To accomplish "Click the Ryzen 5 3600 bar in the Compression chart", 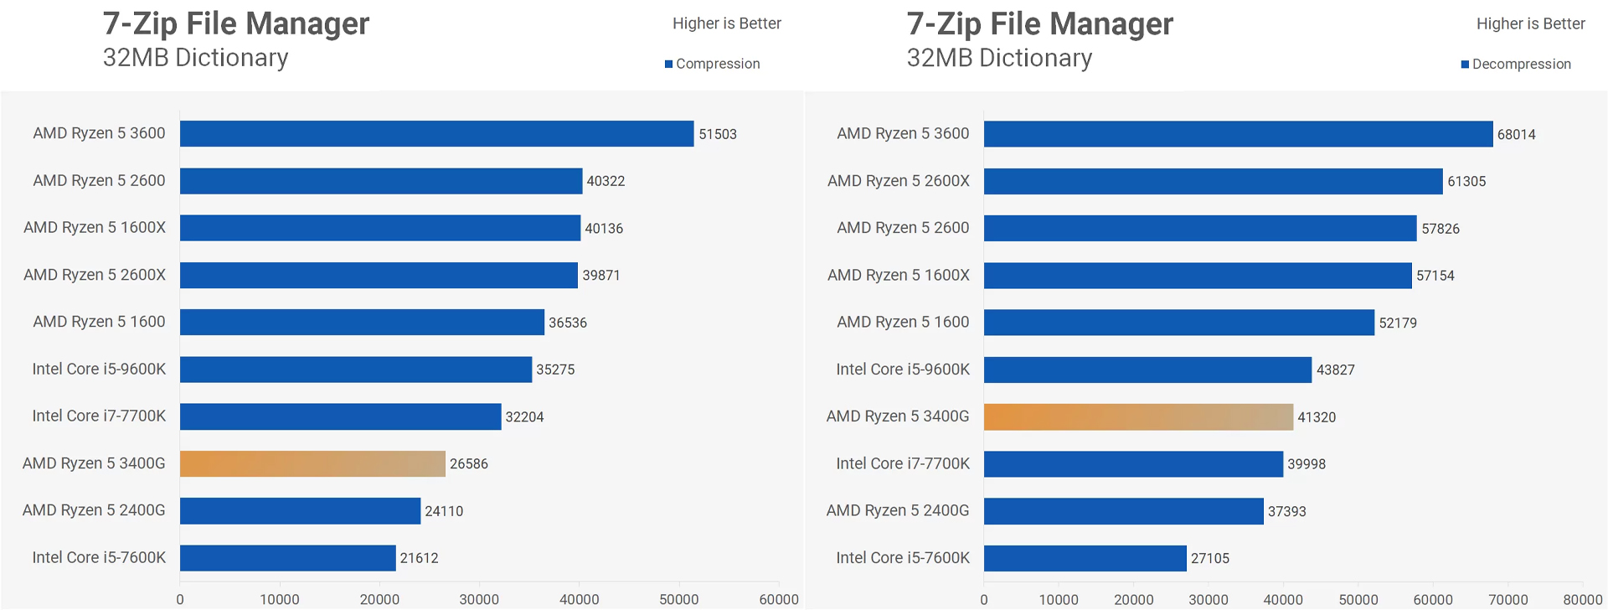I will point(436,134).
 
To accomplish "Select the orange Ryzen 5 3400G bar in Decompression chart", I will point(1138,417).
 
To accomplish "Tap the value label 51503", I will point(718,134).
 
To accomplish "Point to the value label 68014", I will point(1516,134).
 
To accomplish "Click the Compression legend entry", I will point(713,64).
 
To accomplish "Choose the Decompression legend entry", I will point(1516,65).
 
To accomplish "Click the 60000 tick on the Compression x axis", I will point(778,599).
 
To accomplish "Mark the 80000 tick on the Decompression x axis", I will point(1582,599).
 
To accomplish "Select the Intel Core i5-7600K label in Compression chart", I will point(99,557).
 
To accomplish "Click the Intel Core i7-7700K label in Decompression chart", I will point(903,463).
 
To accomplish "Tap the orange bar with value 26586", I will point(312,464).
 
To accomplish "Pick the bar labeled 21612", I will point(287,558).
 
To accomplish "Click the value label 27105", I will point(1209,558).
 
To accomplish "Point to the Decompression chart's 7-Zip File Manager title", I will point(1039,23).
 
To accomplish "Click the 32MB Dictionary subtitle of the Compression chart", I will point(195,58).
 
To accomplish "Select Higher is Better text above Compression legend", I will point(726,23).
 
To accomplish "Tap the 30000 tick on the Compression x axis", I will point(479,599).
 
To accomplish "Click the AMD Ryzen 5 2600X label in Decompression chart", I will point(898,181).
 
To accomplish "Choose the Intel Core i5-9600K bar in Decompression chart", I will point(1147,370).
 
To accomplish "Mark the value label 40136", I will point(603,228).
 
